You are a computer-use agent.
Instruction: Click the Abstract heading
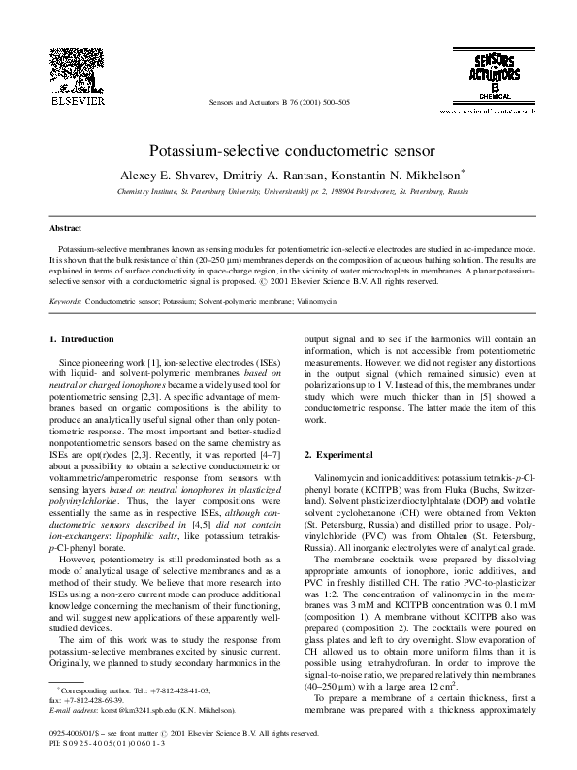[66, 229]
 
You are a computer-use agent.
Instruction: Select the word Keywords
[66, 302]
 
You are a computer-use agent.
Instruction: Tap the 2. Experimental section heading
[345, 455]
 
